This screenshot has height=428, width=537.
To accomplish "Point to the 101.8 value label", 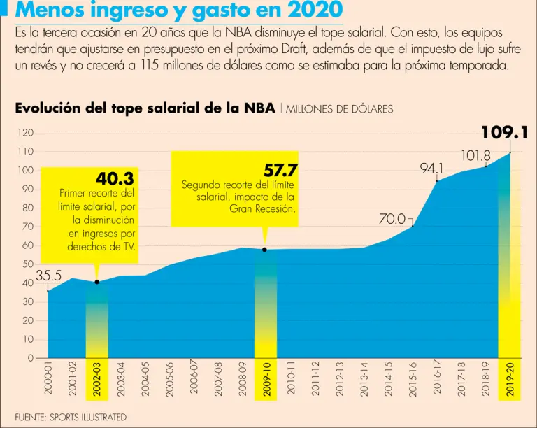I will [475, 156].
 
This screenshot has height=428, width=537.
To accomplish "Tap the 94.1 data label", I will [431, 169].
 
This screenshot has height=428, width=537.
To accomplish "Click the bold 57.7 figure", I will [280, 171].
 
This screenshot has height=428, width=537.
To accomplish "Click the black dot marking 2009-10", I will [264, 250].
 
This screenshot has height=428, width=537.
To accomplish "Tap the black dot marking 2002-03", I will [96, 282].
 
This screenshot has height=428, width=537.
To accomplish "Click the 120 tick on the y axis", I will [26, 133].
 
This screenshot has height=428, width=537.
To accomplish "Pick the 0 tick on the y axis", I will [31, 358].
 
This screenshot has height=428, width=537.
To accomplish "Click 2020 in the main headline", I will [310, 12].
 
